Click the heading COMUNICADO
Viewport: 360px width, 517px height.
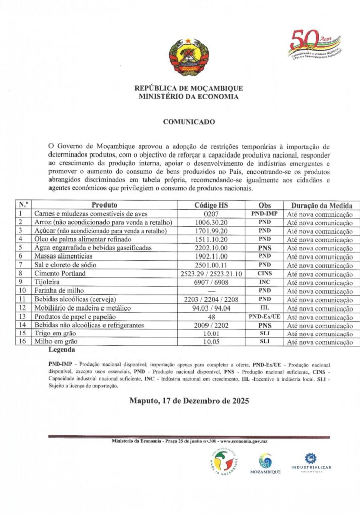(189, 122)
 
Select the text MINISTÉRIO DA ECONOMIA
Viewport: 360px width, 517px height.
(189, 96)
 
